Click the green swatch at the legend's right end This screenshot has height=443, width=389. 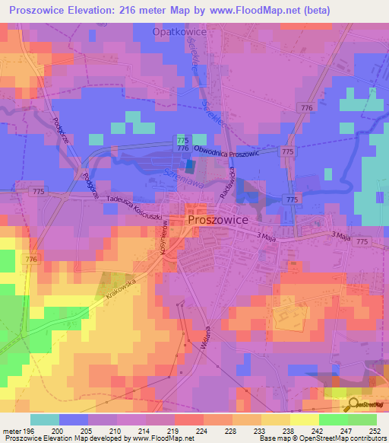[x=362, y=419]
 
